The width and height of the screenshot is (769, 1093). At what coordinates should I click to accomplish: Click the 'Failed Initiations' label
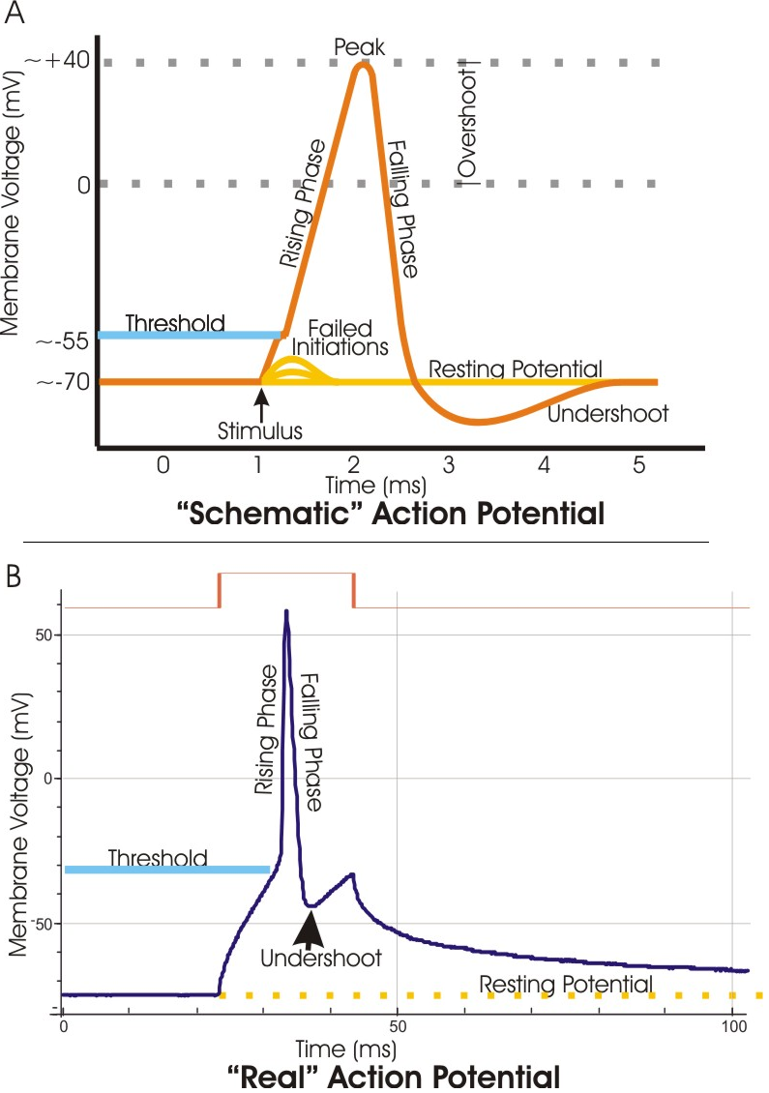[x=340, y=336]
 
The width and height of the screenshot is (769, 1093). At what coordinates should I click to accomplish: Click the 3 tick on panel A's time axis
[x=449, y=465]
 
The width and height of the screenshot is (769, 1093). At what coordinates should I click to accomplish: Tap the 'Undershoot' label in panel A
[x=607, y=414]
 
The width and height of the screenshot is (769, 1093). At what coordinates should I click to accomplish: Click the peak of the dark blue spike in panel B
[x=286, y=611]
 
